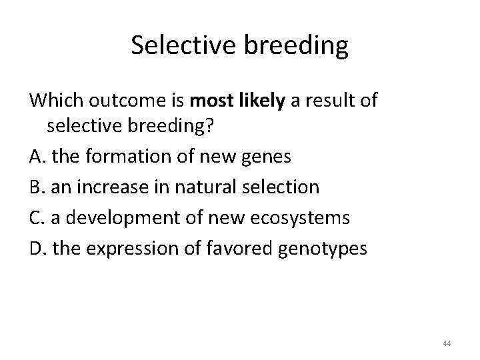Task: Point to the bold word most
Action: (x=211, y=102)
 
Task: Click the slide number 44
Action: (x=446, y=343)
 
